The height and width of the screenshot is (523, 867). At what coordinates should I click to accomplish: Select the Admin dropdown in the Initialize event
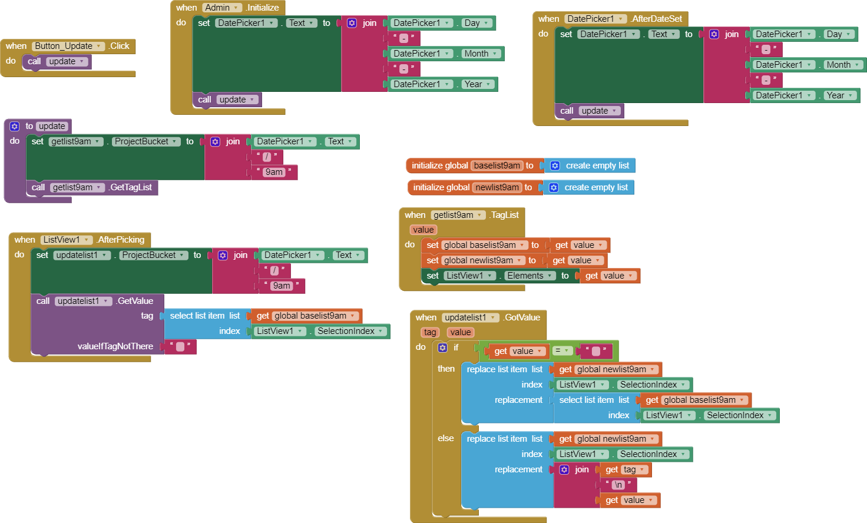click(x=221, y=8)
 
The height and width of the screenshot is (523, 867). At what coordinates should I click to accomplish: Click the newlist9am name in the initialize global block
click(x=497, y=187)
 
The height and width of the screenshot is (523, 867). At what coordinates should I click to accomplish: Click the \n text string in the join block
click(x=618, y=485)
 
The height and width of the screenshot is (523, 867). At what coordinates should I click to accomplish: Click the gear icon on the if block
click(x=442, y=347)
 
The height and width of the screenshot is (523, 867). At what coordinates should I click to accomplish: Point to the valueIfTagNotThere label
click(x=115, y=346)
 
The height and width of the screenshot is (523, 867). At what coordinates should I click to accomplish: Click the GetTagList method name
click(x=131, y=187)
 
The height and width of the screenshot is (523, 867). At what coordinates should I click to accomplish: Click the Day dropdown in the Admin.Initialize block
click(x=476, y=23)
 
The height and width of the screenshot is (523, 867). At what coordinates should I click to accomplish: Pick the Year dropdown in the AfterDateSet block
click(x=839, y=95)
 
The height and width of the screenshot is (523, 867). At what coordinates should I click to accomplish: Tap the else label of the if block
click(x=445, y=438)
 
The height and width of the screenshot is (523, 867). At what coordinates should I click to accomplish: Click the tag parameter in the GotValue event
click(x=430, y=332)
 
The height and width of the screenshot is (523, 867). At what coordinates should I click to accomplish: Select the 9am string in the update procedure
click(x=274, y=172)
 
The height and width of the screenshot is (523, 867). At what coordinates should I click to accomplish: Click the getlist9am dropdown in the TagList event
click(x=458, y=215)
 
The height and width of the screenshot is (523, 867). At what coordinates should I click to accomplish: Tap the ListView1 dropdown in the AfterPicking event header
click(x=66, y=240)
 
